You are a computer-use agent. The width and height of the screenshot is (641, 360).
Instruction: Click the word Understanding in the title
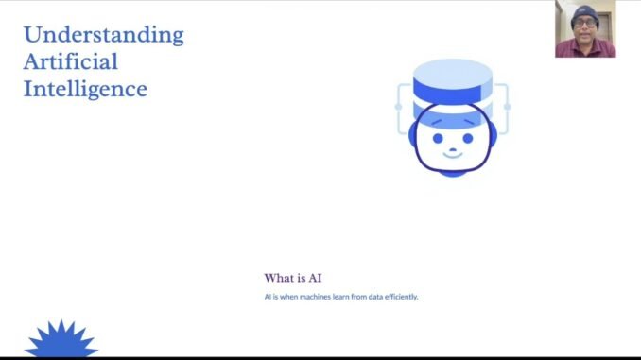coord(103,36)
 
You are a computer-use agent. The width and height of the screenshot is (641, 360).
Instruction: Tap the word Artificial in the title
coord(71,63)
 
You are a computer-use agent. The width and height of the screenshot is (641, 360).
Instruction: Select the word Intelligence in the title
coord(85,90)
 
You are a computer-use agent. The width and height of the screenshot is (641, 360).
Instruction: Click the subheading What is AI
coord(293,278)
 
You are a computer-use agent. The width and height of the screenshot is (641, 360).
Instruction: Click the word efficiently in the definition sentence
coord(399,297)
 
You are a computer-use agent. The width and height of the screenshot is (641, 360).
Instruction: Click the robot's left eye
coord(438,136)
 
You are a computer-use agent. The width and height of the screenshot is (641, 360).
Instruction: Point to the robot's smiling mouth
coord(451,155)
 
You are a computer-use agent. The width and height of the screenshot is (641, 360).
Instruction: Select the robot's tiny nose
coord(451,146)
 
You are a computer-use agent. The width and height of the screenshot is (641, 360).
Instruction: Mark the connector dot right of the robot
coord(507,107)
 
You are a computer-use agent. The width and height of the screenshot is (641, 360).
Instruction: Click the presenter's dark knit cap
coord(586,10)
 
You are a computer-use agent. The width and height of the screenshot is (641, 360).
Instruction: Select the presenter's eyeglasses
coord(586,21)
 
